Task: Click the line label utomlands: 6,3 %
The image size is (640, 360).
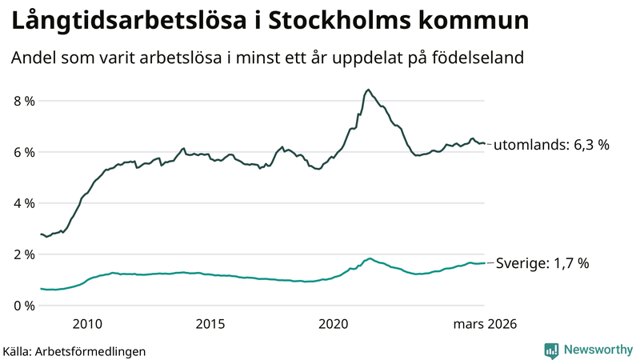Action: [x=551, y=145]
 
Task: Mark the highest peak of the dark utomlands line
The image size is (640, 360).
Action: [x=367, y=90]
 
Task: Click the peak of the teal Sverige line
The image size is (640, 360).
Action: [x=370, y=258]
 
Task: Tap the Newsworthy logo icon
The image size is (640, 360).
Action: [x=551, y=350]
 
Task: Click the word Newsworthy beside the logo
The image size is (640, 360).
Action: [x=597, y=350]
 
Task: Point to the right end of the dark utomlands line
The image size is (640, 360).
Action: [x=485, y=143]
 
